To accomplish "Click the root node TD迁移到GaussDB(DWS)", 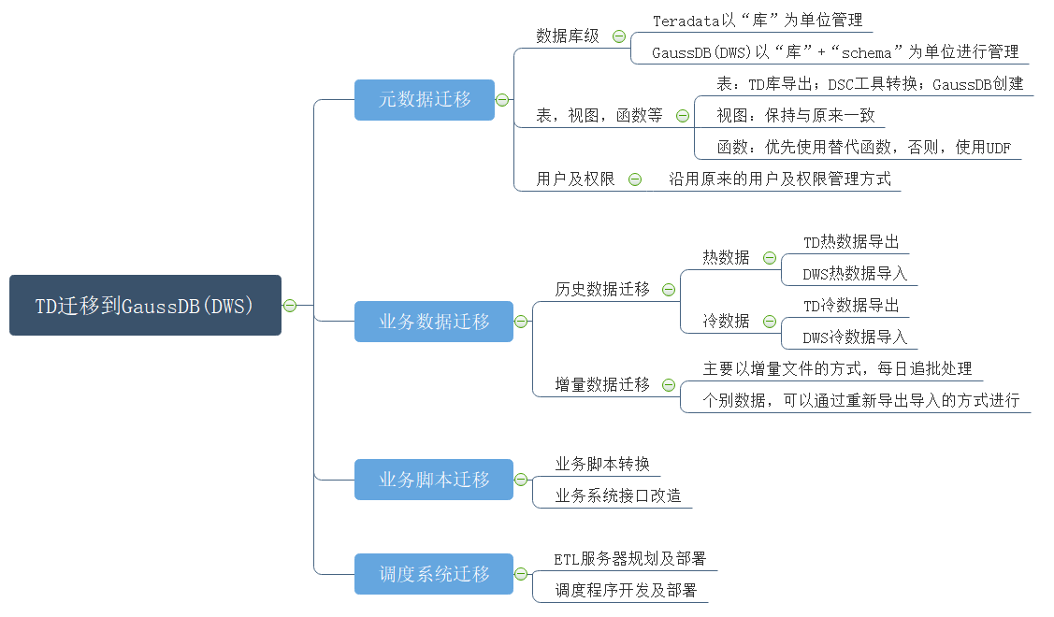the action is (145, 305).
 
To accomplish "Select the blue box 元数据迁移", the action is (425, 100).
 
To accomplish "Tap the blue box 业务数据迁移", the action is (434, 322).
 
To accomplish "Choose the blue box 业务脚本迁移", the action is (434, 480).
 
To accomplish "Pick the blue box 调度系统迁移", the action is (434, 574).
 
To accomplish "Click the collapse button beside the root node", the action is (290, 306).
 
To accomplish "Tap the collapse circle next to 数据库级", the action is (619, 37).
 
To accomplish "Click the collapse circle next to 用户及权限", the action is (634, 179).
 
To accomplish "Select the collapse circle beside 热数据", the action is (770, 258).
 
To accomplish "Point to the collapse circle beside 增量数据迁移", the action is (668, 385).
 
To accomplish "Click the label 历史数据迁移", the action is (602, 289).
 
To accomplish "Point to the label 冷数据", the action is (726, 321).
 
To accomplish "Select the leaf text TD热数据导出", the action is (851, 242).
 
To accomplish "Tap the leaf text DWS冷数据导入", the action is (855, 337).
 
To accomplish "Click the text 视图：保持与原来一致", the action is (796, 116).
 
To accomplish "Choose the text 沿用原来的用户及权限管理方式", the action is (780, 179).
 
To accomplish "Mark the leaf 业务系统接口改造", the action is (618, 495).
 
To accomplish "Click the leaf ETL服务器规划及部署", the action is (629, 558).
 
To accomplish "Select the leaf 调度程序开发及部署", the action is (626, 590).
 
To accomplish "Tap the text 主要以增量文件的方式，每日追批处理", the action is (838, 368).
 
